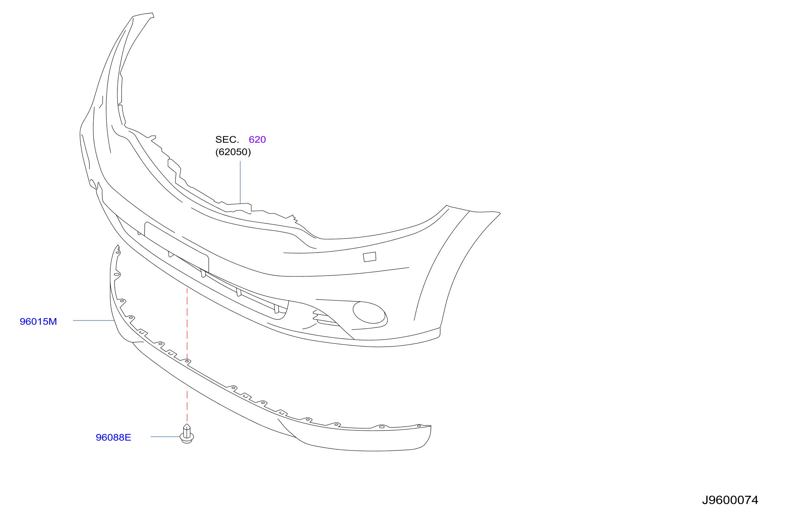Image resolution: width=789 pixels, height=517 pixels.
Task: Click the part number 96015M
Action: coord(38,321)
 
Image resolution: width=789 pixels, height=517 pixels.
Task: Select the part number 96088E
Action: coord(114,437)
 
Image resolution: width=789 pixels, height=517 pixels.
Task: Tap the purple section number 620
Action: coord(257,139)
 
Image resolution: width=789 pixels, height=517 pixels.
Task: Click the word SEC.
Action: coord(227,139)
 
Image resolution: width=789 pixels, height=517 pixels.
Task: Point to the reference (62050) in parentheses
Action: coord(233,152)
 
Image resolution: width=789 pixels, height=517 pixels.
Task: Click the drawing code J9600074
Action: coord(730,500)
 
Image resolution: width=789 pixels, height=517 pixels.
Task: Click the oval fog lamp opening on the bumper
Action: coord(369,312)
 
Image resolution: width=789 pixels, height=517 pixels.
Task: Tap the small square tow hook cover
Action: coord(370,257)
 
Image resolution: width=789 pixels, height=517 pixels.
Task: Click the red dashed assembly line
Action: coord(187,355)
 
